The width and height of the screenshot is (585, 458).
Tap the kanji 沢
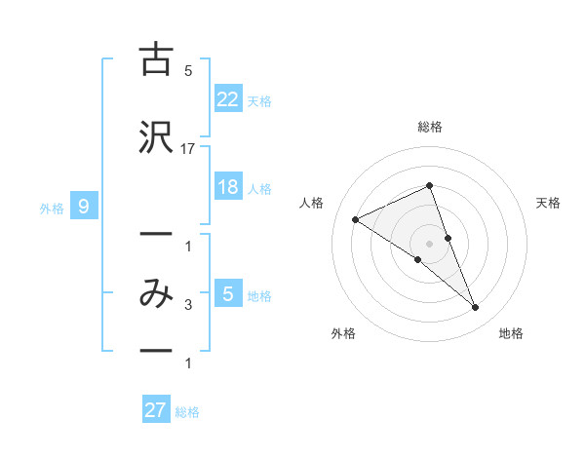tap(155, 136)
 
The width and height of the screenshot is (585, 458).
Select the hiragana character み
tap(155, 293)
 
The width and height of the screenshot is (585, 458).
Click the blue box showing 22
tap(227, 98)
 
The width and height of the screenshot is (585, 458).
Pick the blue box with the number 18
tap(227, 187)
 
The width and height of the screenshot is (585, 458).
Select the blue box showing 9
tap(85, 206)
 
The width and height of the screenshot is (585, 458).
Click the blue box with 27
tap(156, 410)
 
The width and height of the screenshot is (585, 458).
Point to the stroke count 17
tap(188, 148)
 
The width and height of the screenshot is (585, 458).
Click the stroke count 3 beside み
tap(188, 305)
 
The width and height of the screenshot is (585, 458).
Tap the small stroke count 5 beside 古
tap(188, 70)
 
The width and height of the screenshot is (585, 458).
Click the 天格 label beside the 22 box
tap(259, 100)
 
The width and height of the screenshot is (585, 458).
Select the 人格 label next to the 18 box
tap(259, 189)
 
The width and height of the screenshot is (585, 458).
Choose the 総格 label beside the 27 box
tap(187, 412)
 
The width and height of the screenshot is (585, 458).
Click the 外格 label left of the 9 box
tap(52, 208)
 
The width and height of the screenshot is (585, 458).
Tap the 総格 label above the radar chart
tap(430, 127)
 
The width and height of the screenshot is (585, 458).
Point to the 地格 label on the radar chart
tap(511, 333)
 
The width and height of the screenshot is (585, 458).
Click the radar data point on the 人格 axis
tap(355, 219)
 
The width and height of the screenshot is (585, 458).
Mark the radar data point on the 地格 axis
tap(476, 308)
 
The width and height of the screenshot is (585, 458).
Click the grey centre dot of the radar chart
tap(430, 243)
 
